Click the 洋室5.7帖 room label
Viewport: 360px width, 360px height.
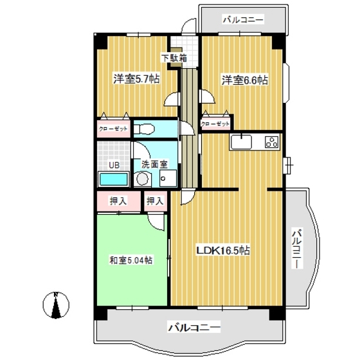tap(136, 79)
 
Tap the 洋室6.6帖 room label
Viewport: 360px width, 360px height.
tap(245, 80)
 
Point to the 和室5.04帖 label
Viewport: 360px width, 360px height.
tap(130, 260)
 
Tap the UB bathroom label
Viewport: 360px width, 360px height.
tap(113, 165)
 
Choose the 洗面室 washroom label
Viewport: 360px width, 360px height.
tap(154, 165)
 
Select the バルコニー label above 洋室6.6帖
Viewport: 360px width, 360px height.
tap(243, 20)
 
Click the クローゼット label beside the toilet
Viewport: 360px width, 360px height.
tap(113, 129)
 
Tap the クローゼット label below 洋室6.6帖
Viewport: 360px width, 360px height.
tap(215, 123)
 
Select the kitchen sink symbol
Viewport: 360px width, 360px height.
tap(242, 141)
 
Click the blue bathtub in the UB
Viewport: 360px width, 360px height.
tap(114, 179)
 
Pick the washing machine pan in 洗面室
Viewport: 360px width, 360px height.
tap(167, 179)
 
